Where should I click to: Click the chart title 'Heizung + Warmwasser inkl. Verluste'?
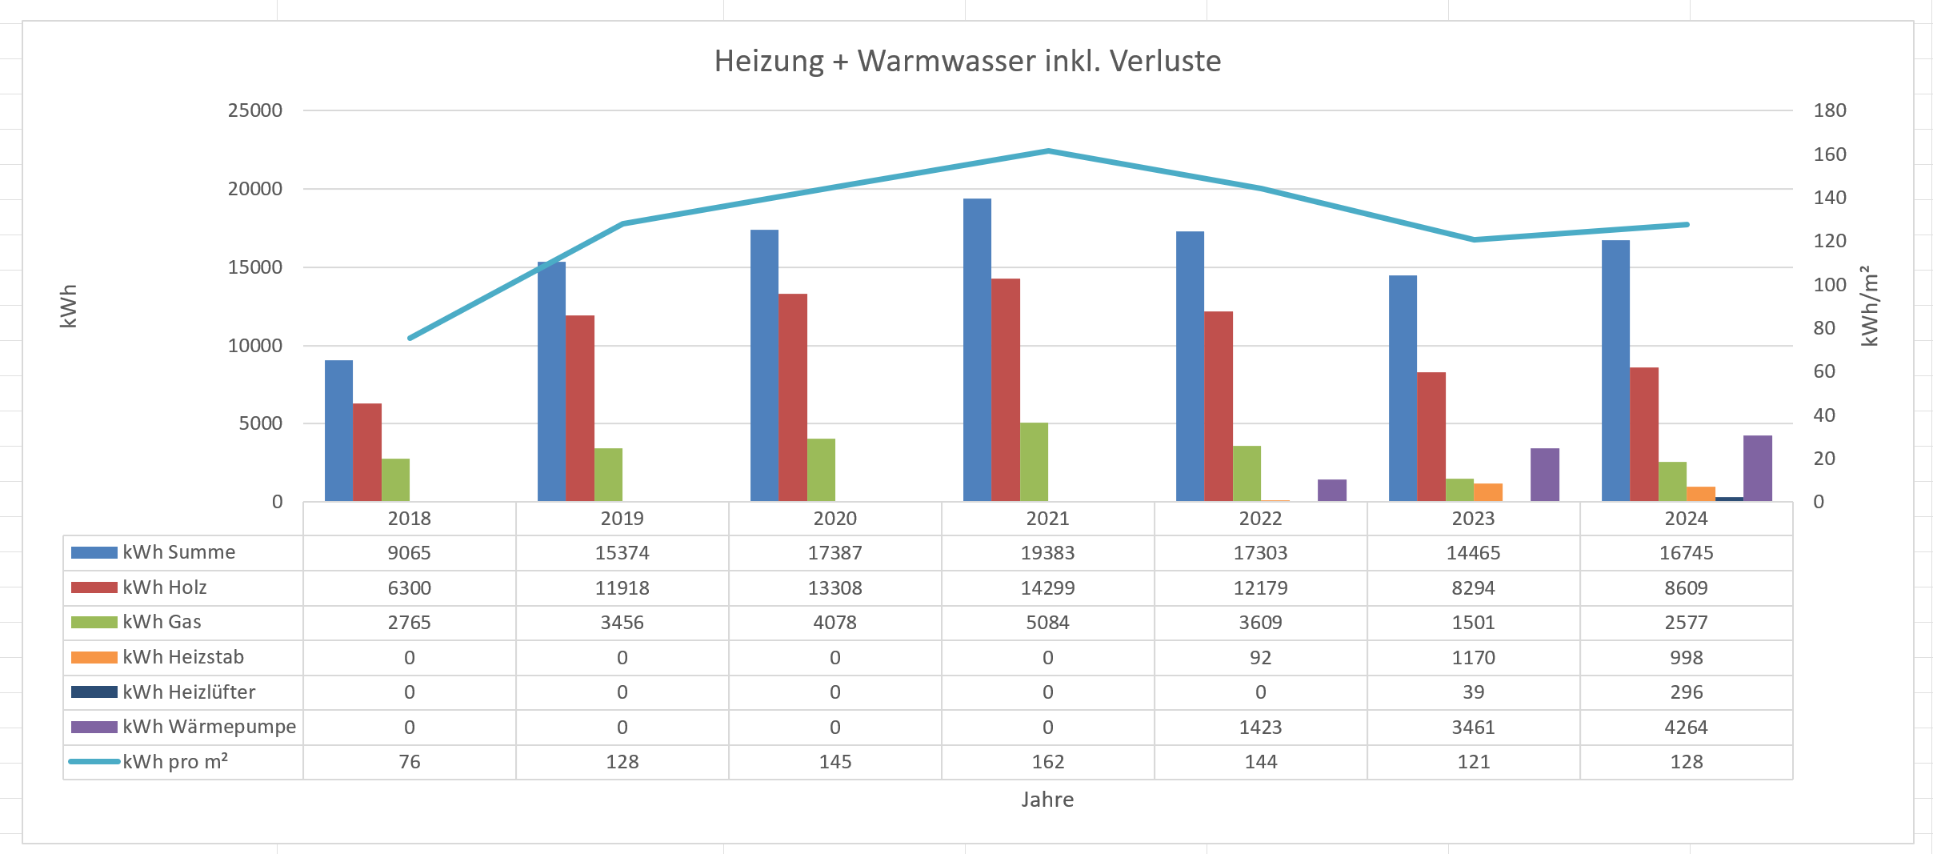coord(967,62)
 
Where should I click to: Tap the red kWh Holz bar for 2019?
coord(580,408)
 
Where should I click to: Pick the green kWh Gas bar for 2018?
coord(395,480)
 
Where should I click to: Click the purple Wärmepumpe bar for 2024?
coord(1757,468)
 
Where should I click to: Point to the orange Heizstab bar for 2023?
coord(1488,492)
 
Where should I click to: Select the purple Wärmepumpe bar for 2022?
coord(1331,491)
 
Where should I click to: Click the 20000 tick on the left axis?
coord(255,189)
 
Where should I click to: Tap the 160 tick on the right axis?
coord(1829,154)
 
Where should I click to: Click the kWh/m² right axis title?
coord(1869,306)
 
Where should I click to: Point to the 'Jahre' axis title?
coord(1047,800)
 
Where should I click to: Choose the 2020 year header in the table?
coord(834,519)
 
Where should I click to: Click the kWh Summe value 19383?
coord(1047,553)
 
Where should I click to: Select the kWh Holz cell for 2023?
coord(1473,588)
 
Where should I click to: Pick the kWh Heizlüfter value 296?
coord(1686,692)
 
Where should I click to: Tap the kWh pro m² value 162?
coord(1047,762)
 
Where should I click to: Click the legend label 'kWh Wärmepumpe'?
coord(209,727)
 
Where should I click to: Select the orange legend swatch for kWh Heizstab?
coord(94,658)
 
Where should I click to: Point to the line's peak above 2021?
coord(1048,150)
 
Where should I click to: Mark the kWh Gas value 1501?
coord(1473,623)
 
